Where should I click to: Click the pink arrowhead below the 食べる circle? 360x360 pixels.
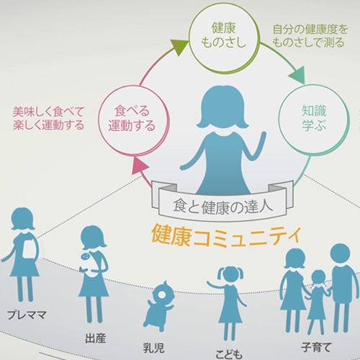[140, 166]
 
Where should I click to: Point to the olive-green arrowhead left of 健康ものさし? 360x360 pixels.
[179, 47]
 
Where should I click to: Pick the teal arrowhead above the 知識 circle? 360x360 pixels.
[297, 76]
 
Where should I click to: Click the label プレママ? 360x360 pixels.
[27, 315]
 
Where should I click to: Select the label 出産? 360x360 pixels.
[96, 338]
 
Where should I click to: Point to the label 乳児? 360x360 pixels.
[153, 348]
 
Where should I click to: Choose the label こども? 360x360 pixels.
[229, 354]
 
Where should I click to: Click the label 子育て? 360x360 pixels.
[316, 347]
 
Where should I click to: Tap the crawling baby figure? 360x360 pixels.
[159, 307]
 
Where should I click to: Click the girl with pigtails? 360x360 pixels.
[228, 303]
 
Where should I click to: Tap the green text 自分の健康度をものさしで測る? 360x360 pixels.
[310, 36]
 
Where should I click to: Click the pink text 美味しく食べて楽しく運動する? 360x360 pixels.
[49, 118]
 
